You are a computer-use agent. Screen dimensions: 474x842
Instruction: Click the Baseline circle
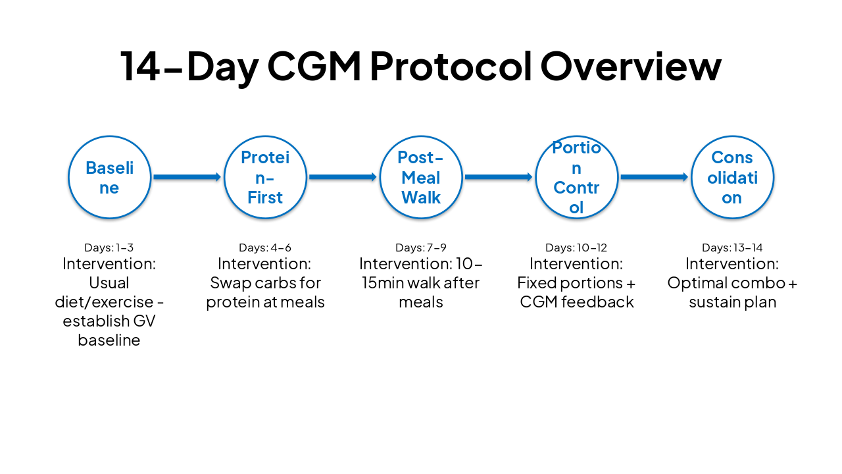109,177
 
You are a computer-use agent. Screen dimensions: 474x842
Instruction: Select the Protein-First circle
265,177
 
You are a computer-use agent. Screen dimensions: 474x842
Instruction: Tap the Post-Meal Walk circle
421,177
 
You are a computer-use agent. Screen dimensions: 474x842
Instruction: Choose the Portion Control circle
576,177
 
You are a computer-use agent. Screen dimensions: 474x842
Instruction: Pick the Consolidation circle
732,177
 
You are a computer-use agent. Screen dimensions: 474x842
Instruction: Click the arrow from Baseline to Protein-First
187,177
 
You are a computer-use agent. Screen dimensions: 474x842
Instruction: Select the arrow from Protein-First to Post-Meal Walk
343,177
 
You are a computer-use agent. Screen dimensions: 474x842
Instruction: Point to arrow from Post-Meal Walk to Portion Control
499,177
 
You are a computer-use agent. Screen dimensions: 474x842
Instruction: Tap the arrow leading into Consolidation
655,177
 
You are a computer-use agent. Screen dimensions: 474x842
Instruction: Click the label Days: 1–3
109,248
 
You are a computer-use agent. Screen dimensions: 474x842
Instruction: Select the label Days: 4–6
265,248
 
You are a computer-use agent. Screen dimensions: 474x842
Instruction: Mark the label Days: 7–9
421,248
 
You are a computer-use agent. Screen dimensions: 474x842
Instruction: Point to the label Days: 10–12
576,248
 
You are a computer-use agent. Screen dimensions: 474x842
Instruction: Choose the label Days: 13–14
732,248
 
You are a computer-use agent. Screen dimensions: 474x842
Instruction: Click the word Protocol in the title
451,67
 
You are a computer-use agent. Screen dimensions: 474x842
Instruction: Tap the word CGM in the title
314,67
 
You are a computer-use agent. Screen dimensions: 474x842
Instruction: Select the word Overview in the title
631,67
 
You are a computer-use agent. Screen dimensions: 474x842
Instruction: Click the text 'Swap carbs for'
265,283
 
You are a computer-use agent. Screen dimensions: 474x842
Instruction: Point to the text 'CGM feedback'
577,302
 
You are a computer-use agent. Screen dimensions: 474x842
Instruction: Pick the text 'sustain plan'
732,302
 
